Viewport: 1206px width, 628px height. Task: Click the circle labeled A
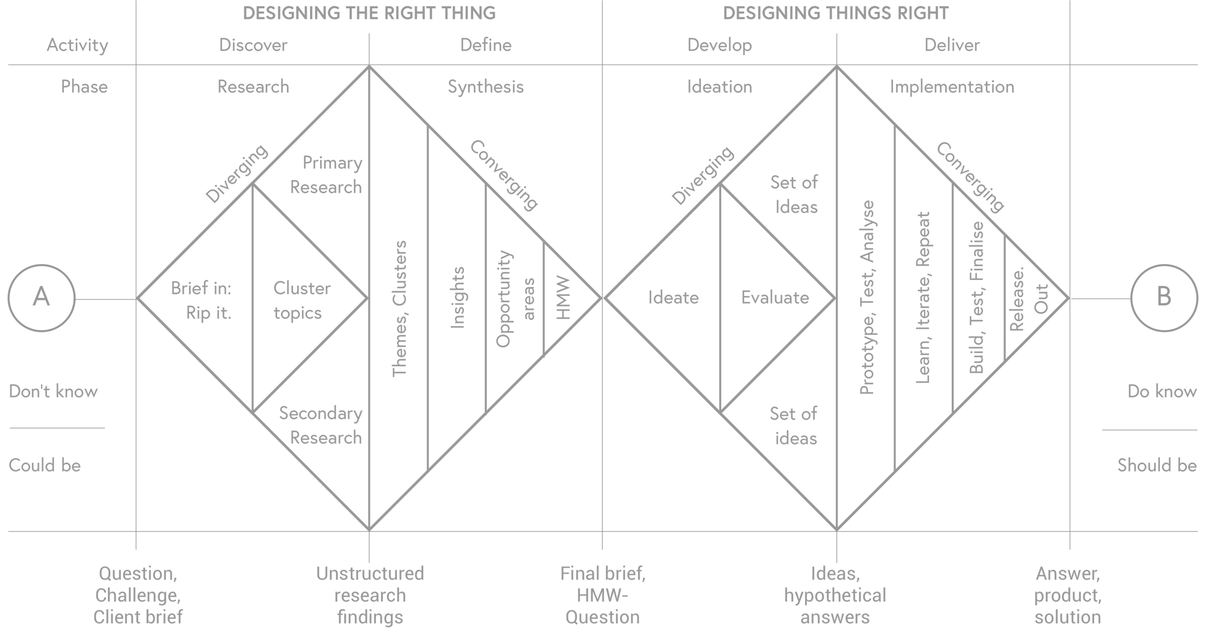41,298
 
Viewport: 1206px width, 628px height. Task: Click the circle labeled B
1164,298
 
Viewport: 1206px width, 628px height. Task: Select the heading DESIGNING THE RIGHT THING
369,13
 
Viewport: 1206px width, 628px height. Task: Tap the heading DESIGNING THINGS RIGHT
836,13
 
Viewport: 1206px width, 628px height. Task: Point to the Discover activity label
253,45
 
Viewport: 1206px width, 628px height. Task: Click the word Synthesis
485,87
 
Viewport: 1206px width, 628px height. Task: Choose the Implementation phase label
952,87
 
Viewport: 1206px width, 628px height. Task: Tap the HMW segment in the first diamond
563,298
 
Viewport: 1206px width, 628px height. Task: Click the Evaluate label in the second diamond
775,298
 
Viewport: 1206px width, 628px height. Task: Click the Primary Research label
328,175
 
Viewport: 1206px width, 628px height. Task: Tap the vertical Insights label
457,298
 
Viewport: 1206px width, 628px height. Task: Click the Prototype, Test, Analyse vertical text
867,298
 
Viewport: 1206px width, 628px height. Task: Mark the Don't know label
53,391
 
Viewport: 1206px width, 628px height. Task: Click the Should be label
1156,465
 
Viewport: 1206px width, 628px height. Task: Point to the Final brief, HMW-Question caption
603,596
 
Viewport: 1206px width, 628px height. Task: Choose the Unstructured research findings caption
370,596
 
